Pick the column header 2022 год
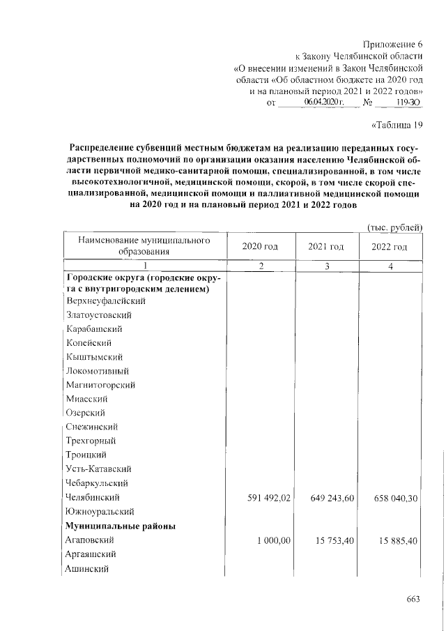click(x=390, y=247)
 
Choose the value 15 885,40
click(x=393, y=540)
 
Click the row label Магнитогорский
click(x=100, y=384)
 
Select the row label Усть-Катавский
click(x=98, y=469)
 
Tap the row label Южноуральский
click(x=100, y=511)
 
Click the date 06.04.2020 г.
click(x=325, y=102)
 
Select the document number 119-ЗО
click(x=408, y=102)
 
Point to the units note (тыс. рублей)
click(x=395, y=227)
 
